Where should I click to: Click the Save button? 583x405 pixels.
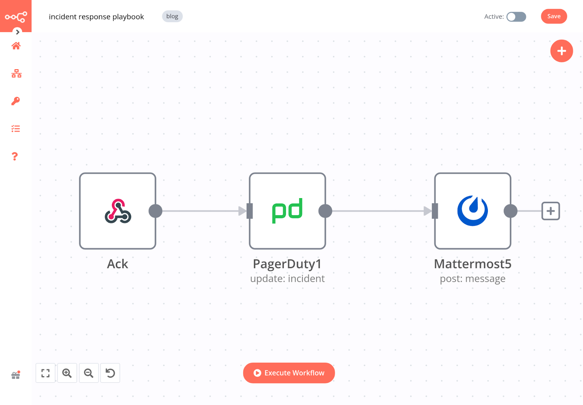point(553,16)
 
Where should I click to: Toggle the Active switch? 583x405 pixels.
point(516,17)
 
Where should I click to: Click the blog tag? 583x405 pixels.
point(172,16)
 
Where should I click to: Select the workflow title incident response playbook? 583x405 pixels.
point(96,17)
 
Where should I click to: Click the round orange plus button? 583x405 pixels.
point(561,51)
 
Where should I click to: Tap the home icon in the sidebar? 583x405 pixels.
point(16,46)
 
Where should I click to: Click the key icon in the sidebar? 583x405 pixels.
point(16,101)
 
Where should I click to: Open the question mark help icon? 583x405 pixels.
point(15,157)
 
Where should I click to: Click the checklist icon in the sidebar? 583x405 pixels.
point(16,129)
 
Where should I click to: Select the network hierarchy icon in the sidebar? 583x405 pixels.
point(16,74)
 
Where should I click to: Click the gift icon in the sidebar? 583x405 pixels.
point(16,375)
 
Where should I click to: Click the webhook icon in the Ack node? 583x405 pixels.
point(118,211)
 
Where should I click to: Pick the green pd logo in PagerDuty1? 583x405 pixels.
point(287,211)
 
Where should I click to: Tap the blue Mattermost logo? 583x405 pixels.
point(472,211)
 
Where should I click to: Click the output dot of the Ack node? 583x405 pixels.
point(156,211)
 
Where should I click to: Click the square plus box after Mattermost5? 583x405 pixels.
point(550,211)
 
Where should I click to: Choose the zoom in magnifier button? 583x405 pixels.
point(67,373)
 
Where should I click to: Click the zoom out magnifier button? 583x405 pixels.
point(89,373)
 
